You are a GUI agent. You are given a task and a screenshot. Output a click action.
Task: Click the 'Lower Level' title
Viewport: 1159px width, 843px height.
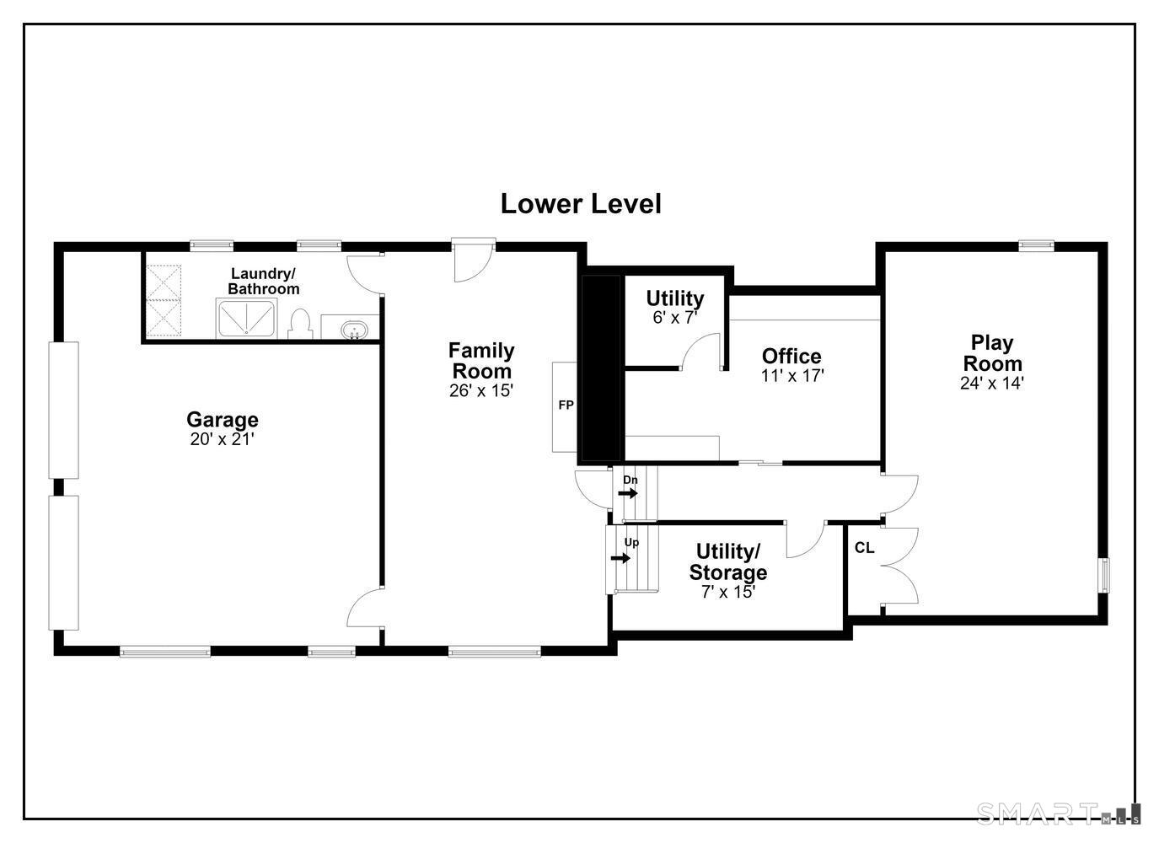tap(581, 204)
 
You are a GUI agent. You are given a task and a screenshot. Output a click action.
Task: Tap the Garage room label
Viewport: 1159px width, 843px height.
tap(223, 420)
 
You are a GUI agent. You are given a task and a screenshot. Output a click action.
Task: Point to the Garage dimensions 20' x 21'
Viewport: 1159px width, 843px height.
tap(223, 439)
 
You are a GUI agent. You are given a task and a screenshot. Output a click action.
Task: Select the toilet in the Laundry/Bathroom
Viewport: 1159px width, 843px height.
tap(300, 324)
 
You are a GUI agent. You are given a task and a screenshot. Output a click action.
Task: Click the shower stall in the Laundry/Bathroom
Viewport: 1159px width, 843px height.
tap(246, 319)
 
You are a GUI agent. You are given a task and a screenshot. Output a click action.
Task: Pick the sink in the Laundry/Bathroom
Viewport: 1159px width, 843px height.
tap(354, 330)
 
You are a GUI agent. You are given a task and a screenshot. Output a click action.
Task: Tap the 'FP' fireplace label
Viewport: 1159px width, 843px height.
tap(566, 405)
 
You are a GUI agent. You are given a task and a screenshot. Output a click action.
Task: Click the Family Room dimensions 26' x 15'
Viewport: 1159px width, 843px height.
tap(481, 390)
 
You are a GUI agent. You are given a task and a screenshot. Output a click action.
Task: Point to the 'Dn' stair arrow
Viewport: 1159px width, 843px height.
tap(628, 493)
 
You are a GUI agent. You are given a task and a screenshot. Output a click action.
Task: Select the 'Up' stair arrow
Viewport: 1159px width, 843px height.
tap(620, 558)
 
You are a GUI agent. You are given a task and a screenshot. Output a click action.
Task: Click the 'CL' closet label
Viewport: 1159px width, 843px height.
tap(865, 548)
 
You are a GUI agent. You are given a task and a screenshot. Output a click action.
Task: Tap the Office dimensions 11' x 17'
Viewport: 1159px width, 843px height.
tap(792, 376)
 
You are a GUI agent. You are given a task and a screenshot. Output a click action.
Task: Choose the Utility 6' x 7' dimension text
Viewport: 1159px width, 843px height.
tap(675, 317)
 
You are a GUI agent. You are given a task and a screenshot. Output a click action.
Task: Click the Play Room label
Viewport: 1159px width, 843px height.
tap(992, 353)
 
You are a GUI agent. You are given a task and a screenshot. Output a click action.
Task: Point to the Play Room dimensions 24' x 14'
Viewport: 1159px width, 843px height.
tap(992, 383)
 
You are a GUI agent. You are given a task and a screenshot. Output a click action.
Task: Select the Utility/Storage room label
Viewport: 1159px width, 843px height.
tap(728, 562)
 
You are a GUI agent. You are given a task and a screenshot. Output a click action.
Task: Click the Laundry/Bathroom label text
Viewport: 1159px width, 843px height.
tap(263, 281)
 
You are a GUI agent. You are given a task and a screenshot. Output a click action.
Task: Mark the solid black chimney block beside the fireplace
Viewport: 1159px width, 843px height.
tap(601, 368)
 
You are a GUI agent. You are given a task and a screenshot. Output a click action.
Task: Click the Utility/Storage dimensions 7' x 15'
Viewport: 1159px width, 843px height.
tap(728, 592)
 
